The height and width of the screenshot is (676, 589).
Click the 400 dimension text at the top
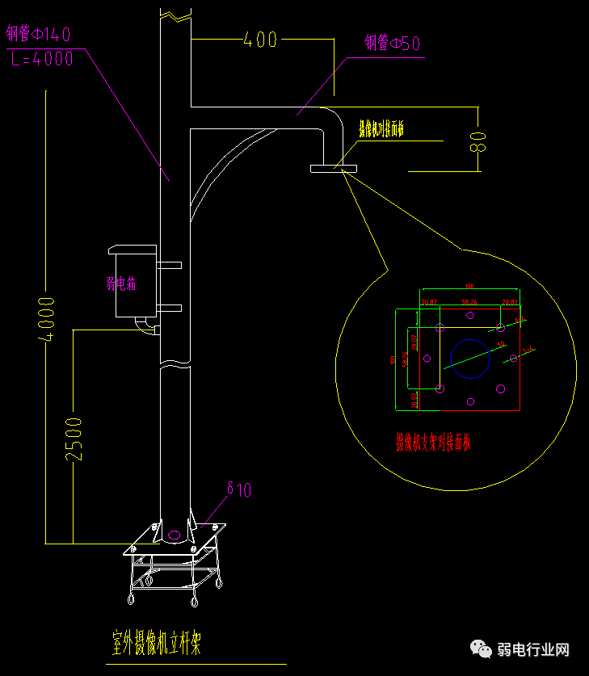point(260,40)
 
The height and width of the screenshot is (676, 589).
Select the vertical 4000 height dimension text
point(47,320)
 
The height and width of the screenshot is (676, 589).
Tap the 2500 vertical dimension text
point(74,439)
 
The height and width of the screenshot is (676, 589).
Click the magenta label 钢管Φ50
point(392,43)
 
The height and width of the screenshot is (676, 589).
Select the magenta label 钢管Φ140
point(38,34)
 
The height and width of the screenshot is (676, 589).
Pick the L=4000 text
point(43,58)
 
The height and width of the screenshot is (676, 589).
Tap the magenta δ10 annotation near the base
point(239,489)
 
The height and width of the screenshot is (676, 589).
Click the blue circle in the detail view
point(470,359)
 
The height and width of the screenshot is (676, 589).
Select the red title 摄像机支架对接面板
point(433,442)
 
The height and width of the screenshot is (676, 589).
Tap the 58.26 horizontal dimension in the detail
point(469,302)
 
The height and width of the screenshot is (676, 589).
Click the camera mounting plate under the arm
point(333,168)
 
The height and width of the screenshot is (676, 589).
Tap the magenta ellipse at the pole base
point(174,534)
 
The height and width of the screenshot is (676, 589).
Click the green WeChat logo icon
point(482,649)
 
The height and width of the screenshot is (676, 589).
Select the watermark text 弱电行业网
point(534,650)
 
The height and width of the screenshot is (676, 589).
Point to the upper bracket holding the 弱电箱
point(169,264)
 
